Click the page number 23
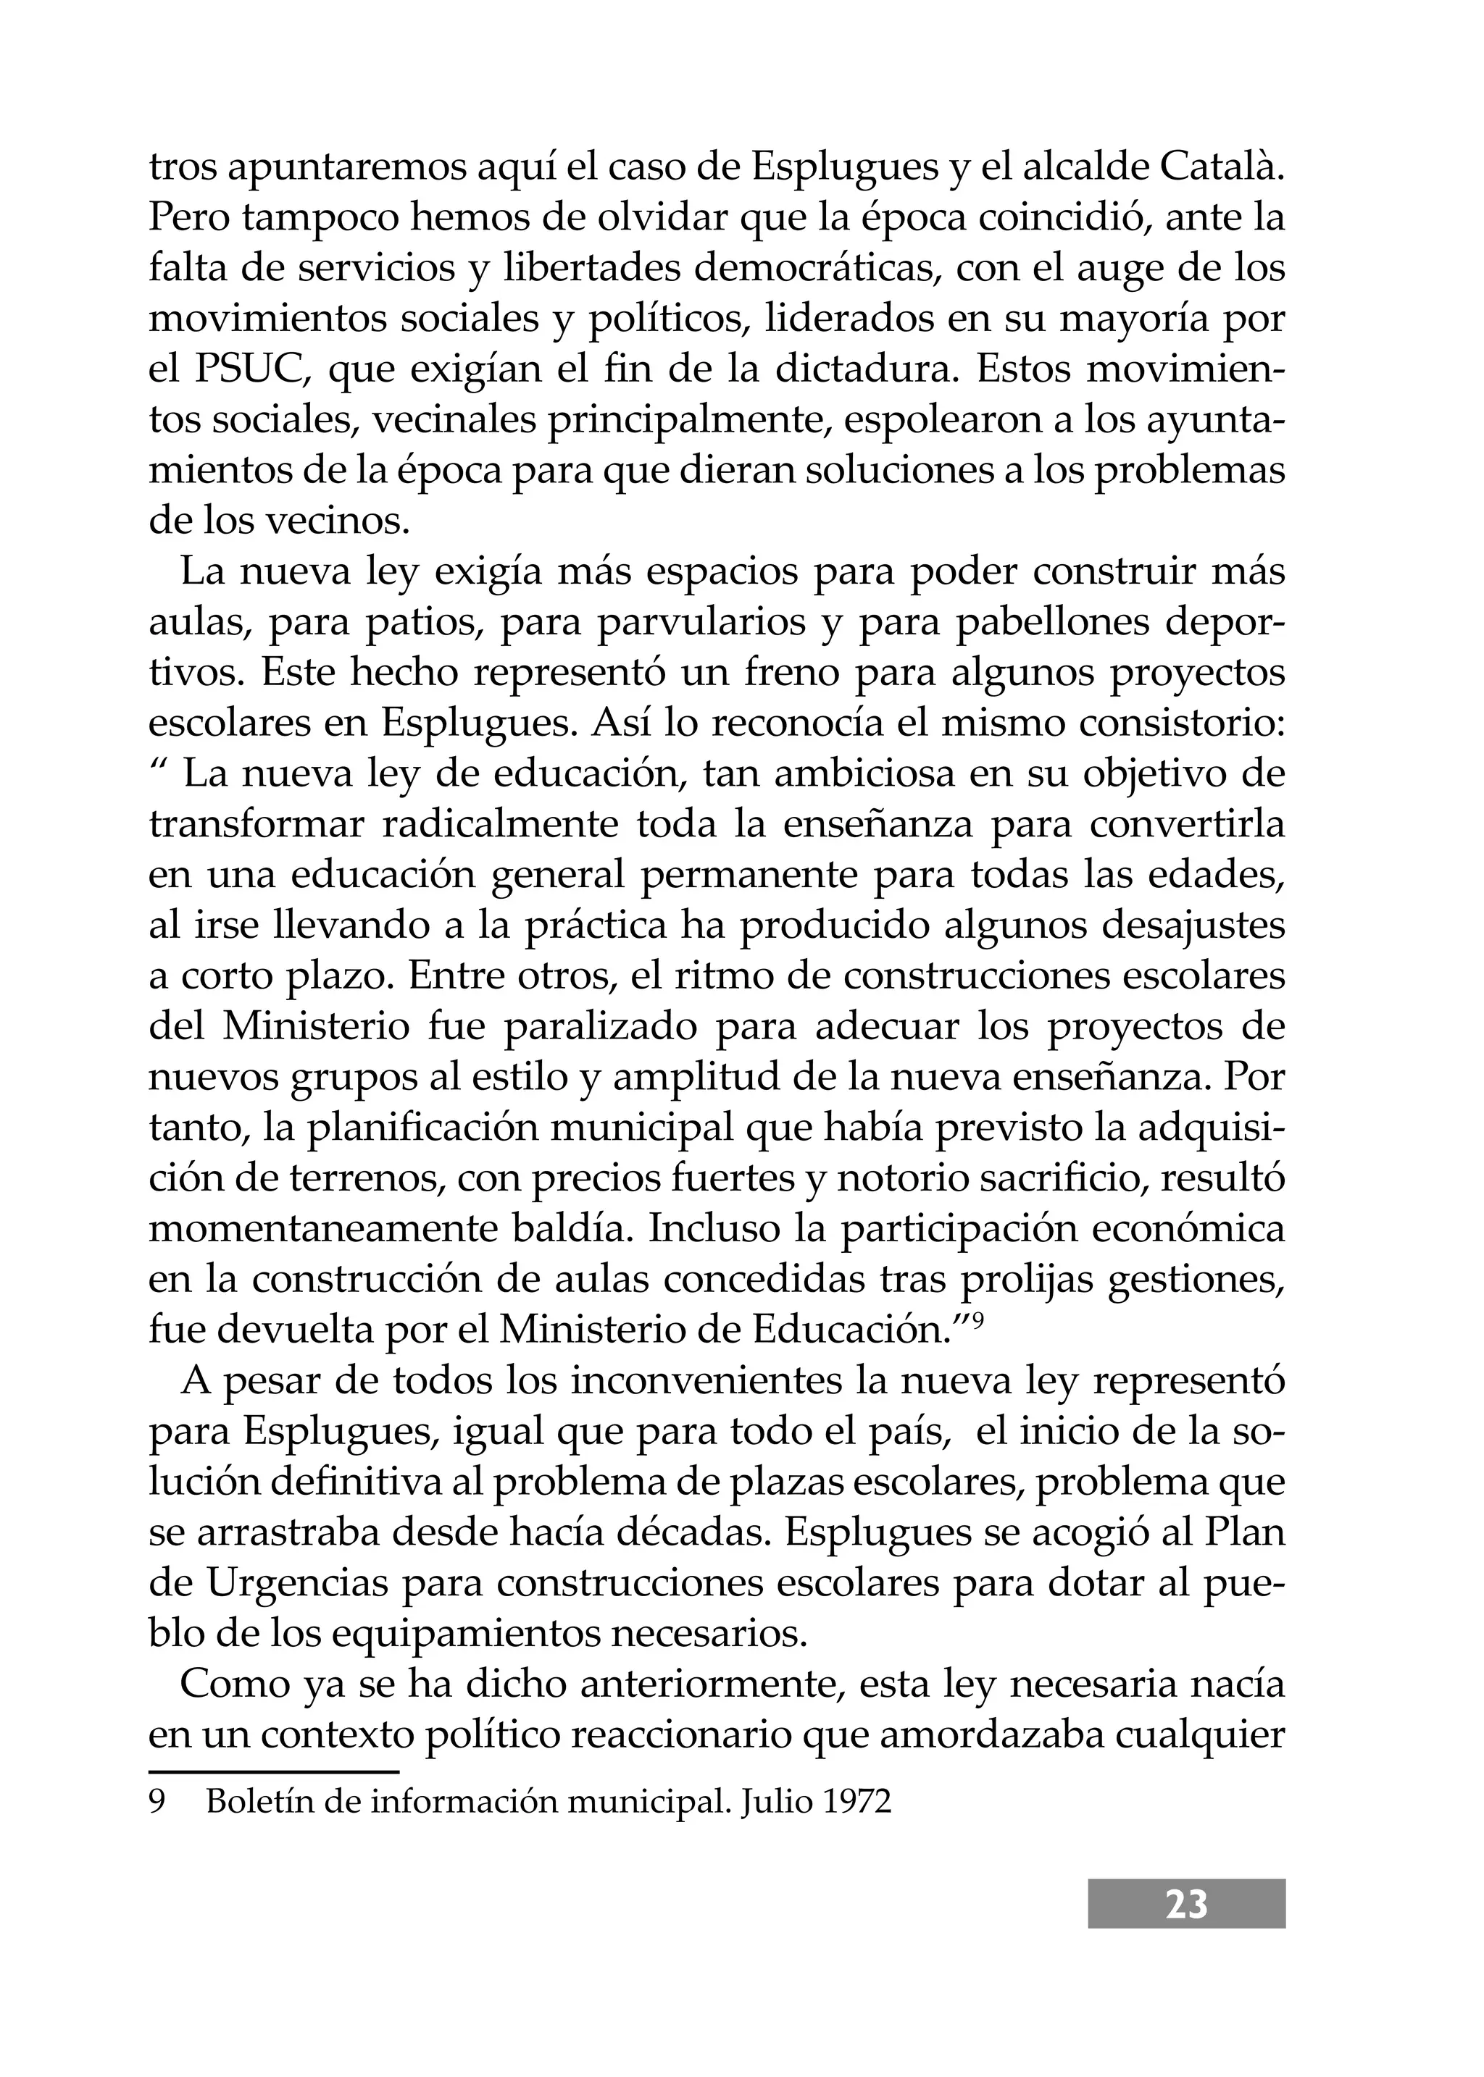pyautogui.click(x=1186, y=1905)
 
